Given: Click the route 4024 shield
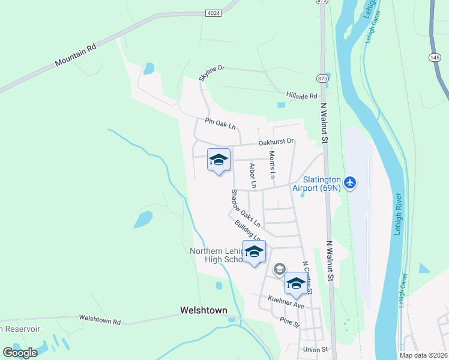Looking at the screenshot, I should click(x=212, y=12).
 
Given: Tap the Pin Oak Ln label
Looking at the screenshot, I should click(x=220, y=124).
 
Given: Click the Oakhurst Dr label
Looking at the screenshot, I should click(x=276, y=142).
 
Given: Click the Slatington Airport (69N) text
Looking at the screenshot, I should click(x=316, y=184).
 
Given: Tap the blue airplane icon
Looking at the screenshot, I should click(x=351, y=181).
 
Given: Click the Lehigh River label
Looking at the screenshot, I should click(x=398, y=214).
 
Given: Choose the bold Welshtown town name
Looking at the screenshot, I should click(x=203, y=310).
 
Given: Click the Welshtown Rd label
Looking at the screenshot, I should click(x=100, y=320).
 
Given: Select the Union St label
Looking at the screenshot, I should click(x=316, y=349).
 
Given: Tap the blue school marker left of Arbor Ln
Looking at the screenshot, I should click(x=218, y=160).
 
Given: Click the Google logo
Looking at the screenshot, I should click(x=20, y=353).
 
